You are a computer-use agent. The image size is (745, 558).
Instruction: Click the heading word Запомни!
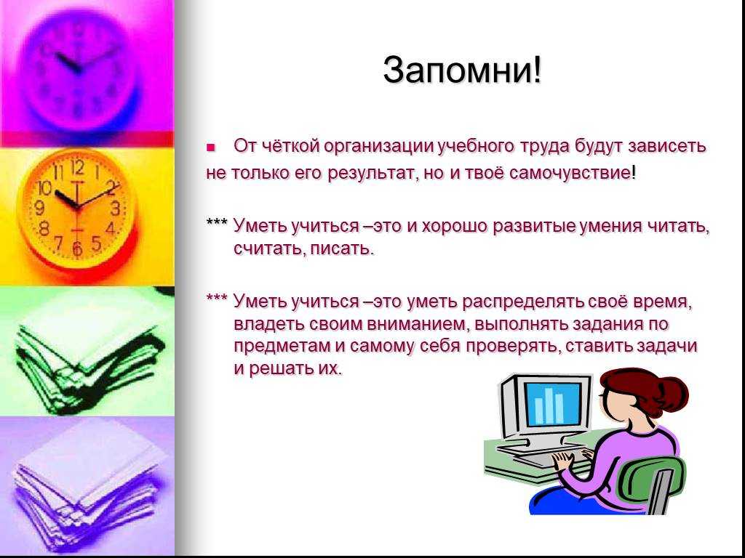pos(462,70)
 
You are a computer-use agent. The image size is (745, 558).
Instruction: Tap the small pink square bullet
pos(211,147)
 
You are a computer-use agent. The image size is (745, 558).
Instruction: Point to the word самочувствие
pos(570,173)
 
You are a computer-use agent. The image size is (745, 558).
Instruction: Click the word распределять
pos(522,302)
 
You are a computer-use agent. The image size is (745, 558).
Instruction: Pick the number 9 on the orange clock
pos(40,207)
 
